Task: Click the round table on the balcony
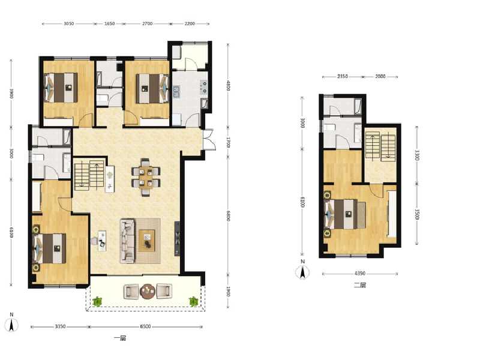tap(148, 292)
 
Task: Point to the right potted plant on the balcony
tap(194, 301)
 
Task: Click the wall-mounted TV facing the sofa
tap(177, 239)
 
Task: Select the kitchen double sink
tap(178, 92)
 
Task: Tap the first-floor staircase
tap(89, 174)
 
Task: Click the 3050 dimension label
tap(68, 24)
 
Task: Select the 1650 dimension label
tap(110, 24)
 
